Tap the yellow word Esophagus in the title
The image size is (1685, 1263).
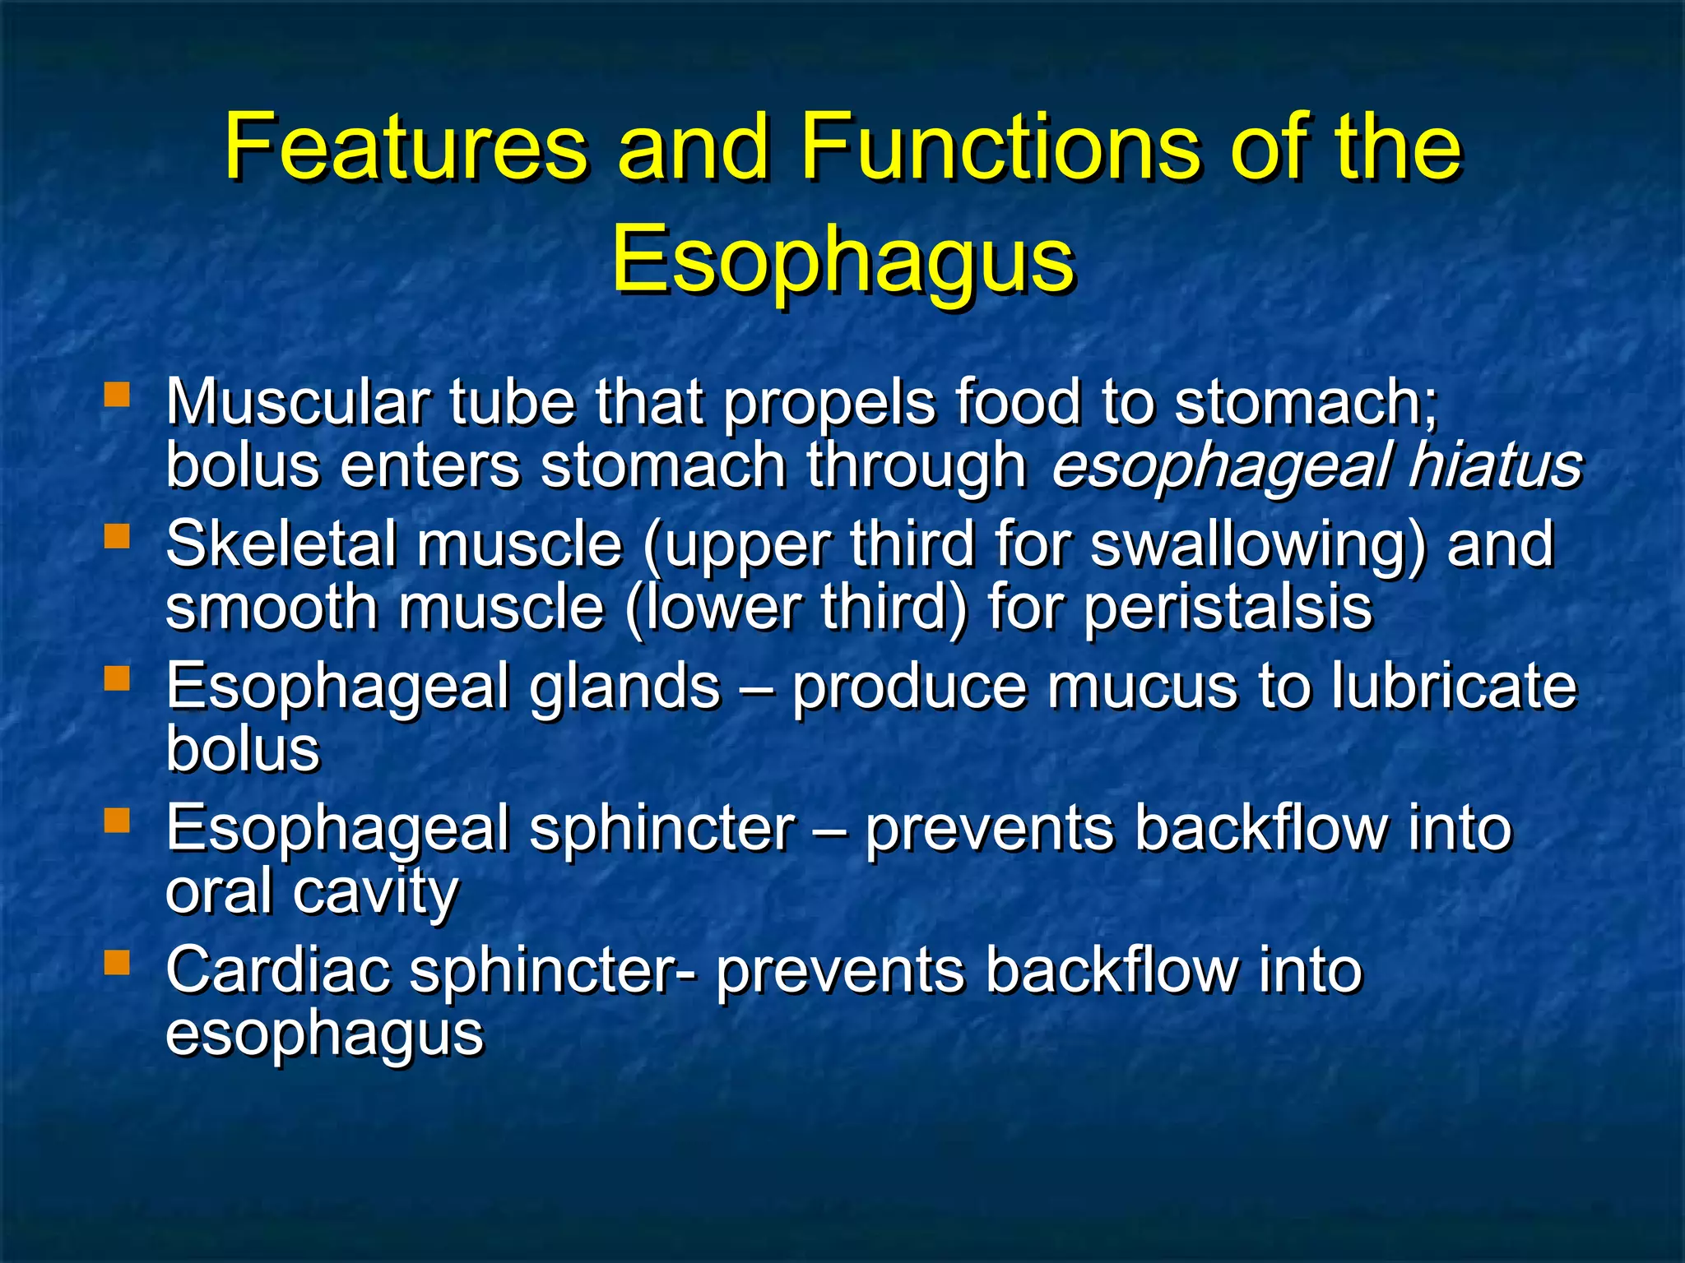tap(842, 259)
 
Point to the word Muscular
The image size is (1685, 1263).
tap(297, 403)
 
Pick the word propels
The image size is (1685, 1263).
tap(829, 405)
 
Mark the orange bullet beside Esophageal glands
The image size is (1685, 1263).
tap(118, 678)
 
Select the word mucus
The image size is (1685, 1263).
tap(1142, 686)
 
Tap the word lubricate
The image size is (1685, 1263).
tap(1454, 686)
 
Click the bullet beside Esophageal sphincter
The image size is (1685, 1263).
tap(118, 820)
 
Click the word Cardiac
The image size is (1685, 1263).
tap(278, 970)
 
